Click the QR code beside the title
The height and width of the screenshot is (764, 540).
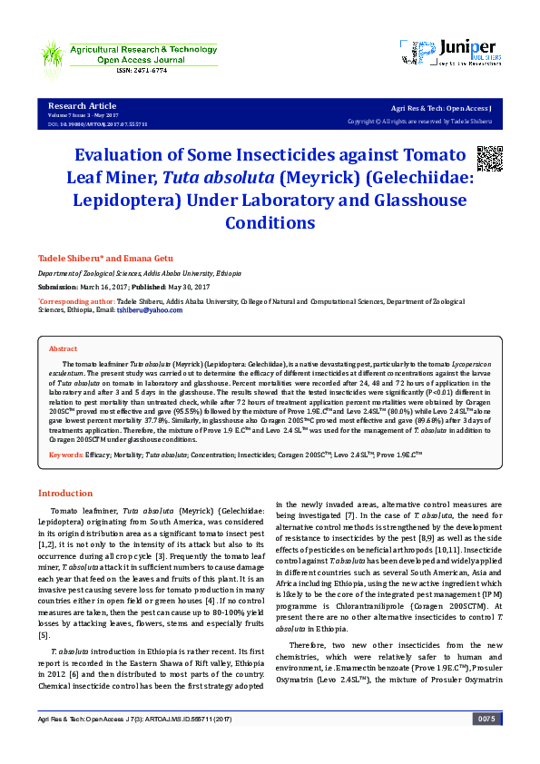[489, 158]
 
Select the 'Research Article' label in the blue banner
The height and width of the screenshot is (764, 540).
[82, 106]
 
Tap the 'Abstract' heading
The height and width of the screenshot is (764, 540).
[63, 348]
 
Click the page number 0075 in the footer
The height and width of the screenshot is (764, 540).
[486, 744]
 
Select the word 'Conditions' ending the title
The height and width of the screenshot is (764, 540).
[270, 222]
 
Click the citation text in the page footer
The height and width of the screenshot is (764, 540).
[135, 744]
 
